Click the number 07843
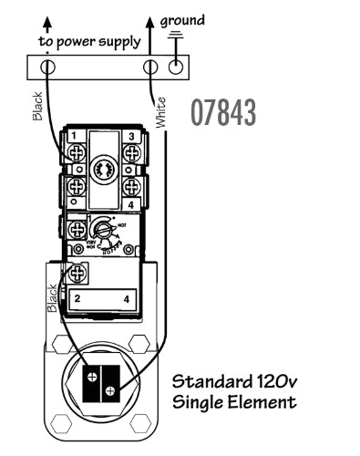coord(223,113)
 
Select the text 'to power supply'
coord(89,42)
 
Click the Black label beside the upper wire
coord(37,107)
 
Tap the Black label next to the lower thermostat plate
coord(52,295)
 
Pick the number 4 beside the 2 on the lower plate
coord(126,298)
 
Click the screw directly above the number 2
coord(77,272)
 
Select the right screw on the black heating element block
coord(110,392)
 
